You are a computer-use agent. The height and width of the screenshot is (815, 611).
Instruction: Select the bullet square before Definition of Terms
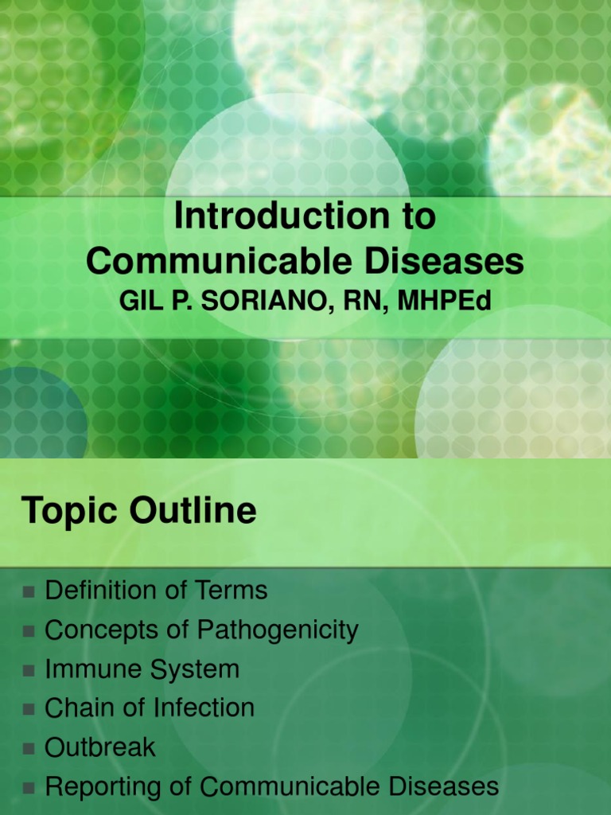[x=29, y=592]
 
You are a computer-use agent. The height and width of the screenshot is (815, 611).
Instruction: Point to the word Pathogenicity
[x=278, y=631]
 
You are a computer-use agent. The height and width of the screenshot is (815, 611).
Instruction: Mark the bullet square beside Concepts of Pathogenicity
[x=29, y=632]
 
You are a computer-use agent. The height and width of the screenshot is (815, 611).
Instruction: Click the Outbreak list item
[x=100, y=747]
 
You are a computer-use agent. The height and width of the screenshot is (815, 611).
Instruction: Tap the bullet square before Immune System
[x=29, y=671]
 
